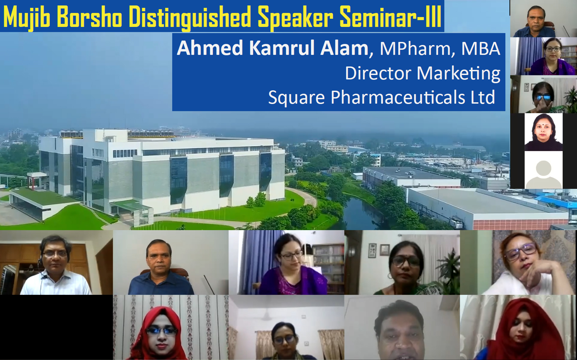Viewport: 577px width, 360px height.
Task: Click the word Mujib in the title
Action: pyautogui.click(x=26, y=17)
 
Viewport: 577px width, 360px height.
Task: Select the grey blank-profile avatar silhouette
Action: pyautogui.click(x=544, y=175)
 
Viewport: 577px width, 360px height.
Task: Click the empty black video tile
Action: pyautogui.click(x=56, y=327)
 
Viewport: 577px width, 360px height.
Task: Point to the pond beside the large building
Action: pyautogui.click(x=361, y=214)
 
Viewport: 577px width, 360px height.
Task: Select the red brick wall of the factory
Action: pyautogui.click(x=520, y=224)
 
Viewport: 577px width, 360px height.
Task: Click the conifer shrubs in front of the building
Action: pyautogui.click(x=256, y=199)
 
